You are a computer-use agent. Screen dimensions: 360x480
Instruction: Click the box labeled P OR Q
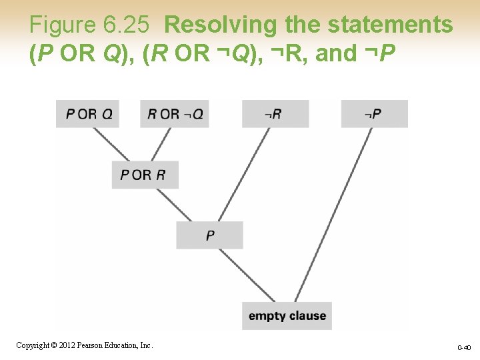pyautogui.click(x=89, y=113)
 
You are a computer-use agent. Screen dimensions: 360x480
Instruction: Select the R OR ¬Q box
pyautogui.click(x=175, y=113)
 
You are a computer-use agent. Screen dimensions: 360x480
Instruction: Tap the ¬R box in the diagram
pyautogui.click(x=275, y=113)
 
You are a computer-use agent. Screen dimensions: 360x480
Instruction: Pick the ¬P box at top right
pyautogui.click(x=374, y=113)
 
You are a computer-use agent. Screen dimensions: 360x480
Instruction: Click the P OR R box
pyautogui.click(x=145, y=175)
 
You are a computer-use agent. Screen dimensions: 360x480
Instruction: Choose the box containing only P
pyautogui.click(x=210, y=235)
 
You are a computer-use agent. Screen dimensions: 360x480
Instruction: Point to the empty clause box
pyautogui.click(x=287, y=315)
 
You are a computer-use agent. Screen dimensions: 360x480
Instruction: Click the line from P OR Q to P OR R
pyautogui.click(x=111, y=144)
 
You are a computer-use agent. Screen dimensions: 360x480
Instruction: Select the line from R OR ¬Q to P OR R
pyautogui.click(x=161, y=144)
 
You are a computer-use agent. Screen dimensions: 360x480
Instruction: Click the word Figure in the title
pyautogui.click(x=64, y=25)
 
